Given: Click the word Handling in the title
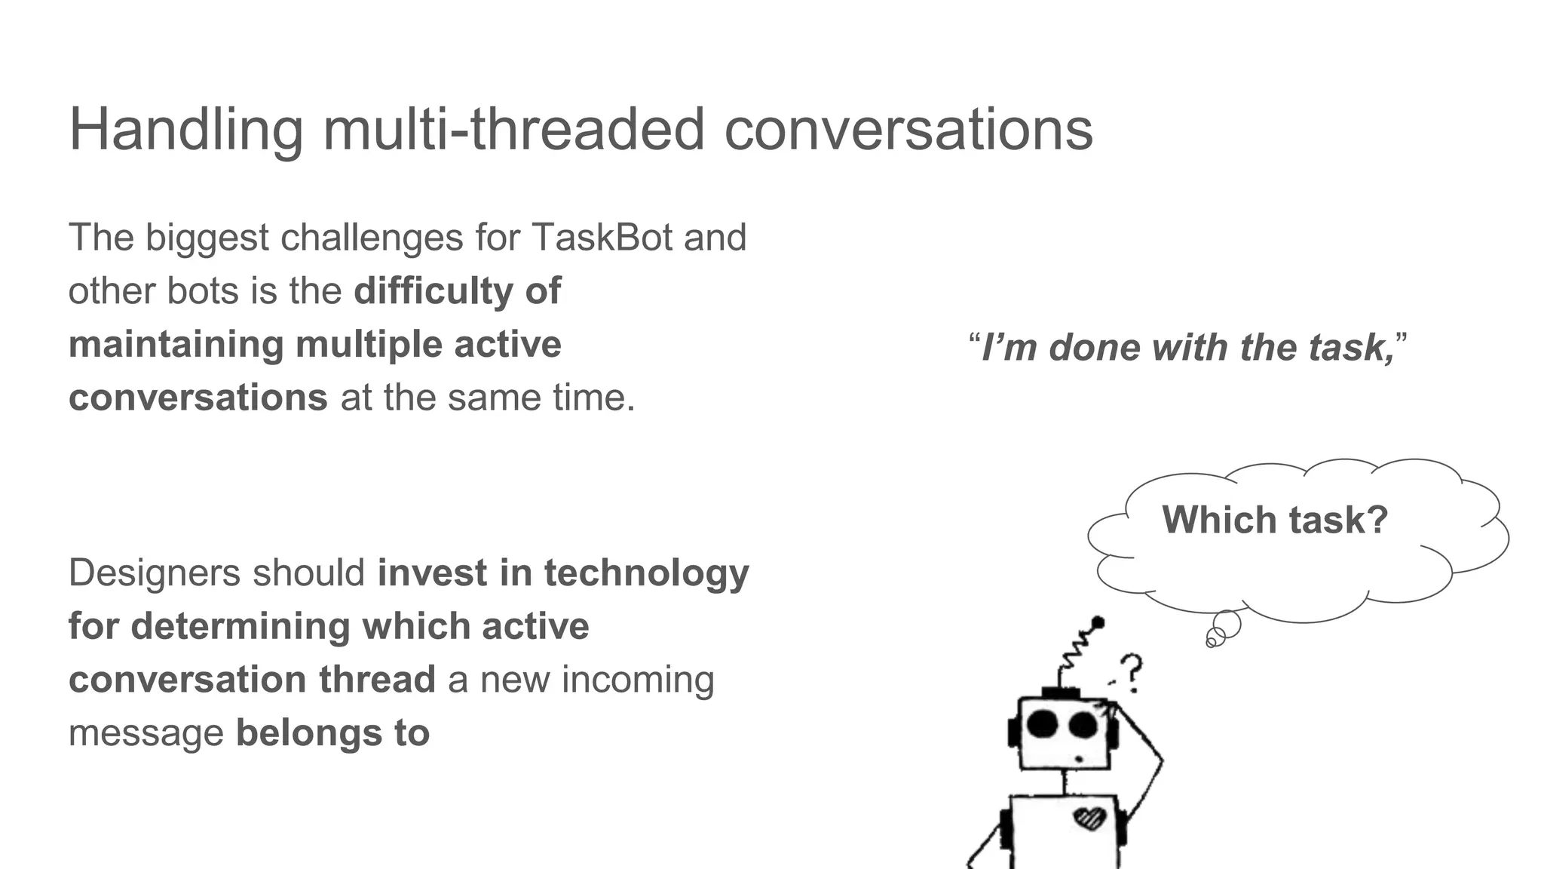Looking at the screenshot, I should [x=185, y=130].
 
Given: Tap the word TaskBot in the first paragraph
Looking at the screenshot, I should [x=602, y=238].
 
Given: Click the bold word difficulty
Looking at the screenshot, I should [x=433, y=291].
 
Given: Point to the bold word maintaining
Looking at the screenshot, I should [x=175, y=345].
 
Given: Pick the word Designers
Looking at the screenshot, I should [x=153, y=573].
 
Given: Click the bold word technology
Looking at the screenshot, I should [x=646, y=573].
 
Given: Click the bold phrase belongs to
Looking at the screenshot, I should [x=332, y=732].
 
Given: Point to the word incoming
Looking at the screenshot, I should [x=638, y=679].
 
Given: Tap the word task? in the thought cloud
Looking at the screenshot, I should [x=1338, y=520].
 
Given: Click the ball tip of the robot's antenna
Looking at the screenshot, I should [x=1098, y=622].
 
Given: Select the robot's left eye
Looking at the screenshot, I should [x=1043, y=723].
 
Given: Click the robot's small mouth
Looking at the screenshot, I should [x=1079, y=758].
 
